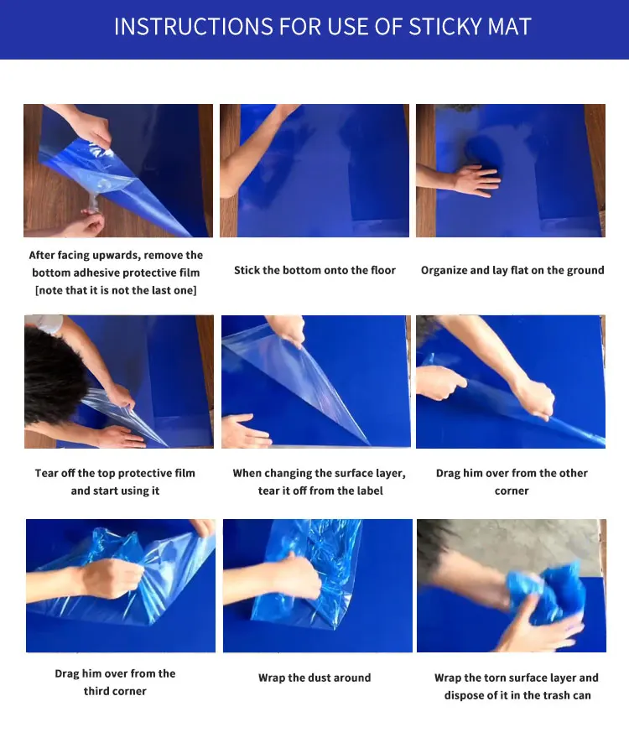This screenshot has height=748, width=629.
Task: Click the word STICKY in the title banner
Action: pos(445,27)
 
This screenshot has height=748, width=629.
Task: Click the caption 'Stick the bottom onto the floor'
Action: pos(314,270)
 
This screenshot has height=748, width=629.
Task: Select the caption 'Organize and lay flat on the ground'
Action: pos(512,270)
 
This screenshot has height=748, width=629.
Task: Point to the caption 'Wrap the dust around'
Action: pos(314,678)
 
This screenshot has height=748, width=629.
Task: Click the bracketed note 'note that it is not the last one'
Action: pos(116,290)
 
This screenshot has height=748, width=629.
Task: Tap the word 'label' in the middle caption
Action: pos(367,491)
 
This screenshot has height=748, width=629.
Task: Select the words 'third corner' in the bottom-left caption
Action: pos(115,691)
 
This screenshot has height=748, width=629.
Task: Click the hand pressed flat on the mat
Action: pos(475,179)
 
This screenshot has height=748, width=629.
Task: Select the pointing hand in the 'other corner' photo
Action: pos(440,382)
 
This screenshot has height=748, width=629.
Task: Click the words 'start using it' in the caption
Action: pos(115,491)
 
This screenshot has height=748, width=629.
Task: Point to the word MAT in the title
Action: pos(510,27)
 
